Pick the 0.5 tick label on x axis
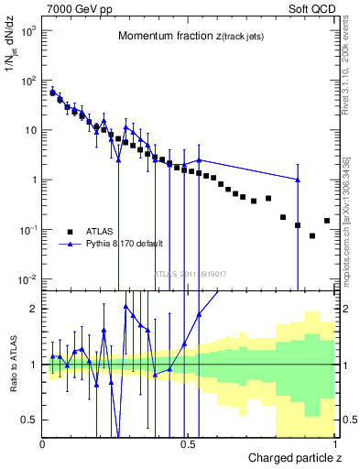190,444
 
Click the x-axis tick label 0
44,444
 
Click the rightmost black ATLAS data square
327,221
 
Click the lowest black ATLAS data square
312,236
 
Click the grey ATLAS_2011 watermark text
190,274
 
